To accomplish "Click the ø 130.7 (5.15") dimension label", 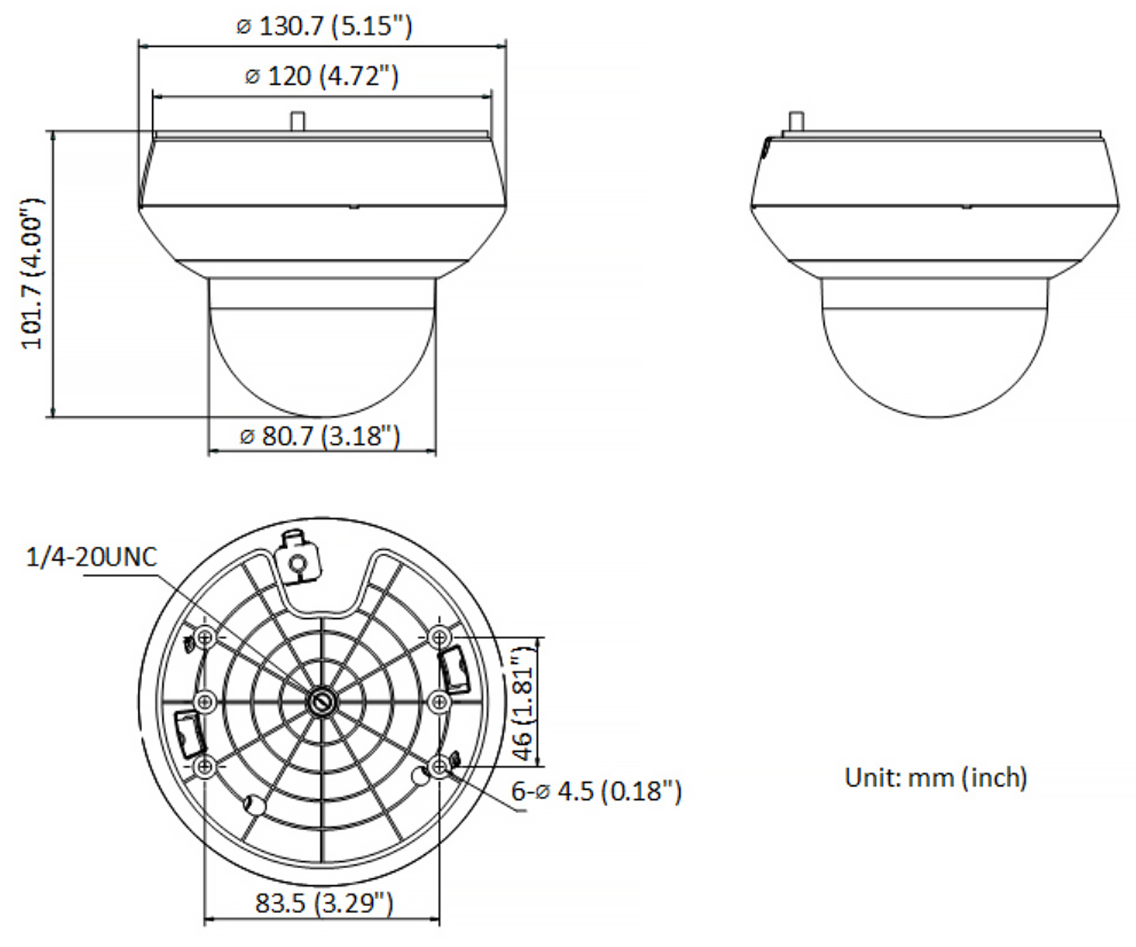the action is click(x=324, y=27).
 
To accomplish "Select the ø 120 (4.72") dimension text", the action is click(x=322, y=76).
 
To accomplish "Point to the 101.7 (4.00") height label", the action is click(x=32, y=273).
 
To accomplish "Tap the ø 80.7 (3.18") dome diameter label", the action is click(x=321, y=436).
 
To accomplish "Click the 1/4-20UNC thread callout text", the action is click(x=92, y=557).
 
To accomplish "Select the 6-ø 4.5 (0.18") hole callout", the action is click(x=596, y=791).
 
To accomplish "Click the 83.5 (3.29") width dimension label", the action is click(x=324, y=903).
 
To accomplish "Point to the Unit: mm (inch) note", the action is click(x=936, y=777).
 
